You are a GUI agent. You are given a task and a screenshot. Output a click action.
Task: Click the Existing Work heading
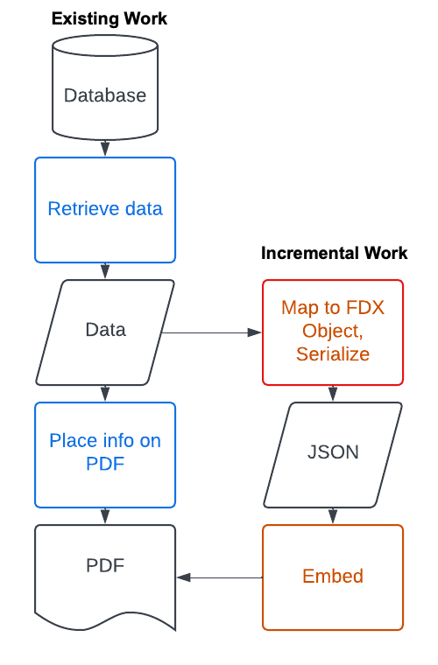pos(109,19)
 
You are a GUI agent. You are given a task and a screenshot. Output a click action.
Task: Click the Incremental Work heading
pos(334,253)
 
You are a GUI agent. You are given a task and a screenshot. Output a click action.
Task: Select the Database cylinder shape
pos(105,87)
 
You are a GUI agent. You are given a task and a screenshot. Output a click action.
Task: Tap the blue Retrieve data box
pos(105,210)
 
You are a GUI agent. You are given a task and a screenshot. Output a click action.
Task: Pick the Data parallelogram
pos(105,332)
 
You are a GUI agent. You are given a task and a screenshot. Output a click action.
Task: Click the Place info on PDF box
pos(105,455)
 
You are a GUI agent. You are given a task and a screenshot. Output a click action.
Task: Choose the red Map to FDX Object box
pos(333,332)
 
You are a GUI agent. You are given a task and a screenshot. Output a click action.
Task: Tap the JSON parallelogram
pos(333,455)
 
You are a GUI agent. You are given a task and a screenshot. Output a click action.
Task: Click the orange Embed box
pos(333,577)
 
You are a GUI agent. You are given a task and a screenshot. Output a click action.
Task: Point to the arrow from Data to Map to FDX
pos(212,332)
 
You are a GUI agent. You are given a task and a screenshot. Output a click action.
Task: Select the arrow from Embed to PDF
pos(219,577)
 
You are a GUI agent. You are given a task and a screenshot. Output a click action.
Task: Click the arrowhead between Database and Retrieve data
pos(105,150)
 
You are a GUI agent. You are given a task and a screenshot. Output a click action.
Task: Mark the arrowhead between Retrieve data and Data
pos(105,271)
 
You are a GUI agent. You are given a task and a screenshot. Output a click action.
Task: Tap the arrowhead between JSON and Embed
pos(333,516)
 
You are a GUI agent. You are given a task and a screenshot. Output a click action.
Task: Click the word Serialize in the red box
pos(333,354)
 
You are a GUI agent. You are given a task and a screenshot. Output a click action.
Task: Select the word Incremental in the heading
pos(309,253)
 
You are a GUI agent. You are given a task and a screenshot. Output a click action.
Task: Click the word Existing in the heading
pos(85,19)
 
